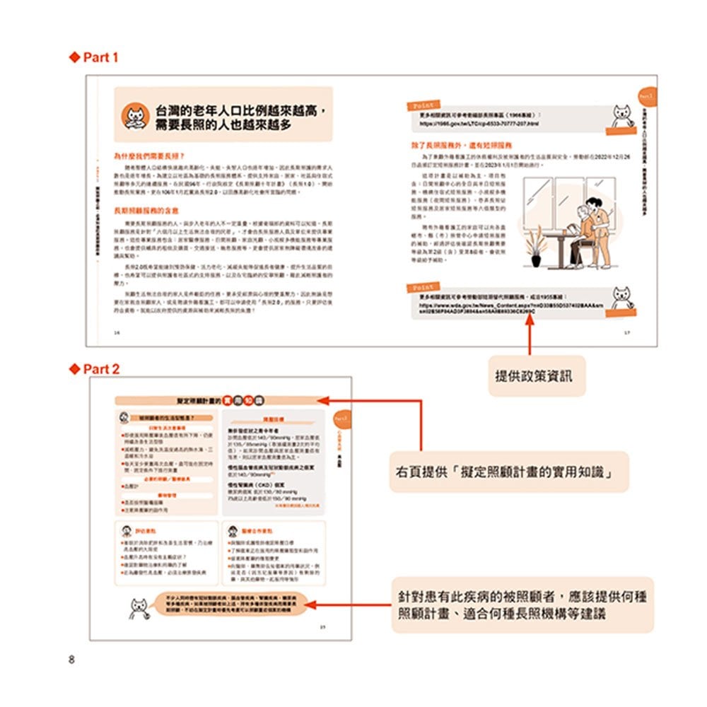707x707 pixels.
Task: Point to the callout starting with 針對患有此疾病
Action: pyautogui.click(x=520, y=605)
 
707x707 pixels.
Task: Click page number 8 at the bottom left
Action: pyautogui.click(x=71, y=660)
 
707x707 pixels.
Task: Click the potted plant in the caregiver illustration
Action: pyautogui.click(x=536, y=250)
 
